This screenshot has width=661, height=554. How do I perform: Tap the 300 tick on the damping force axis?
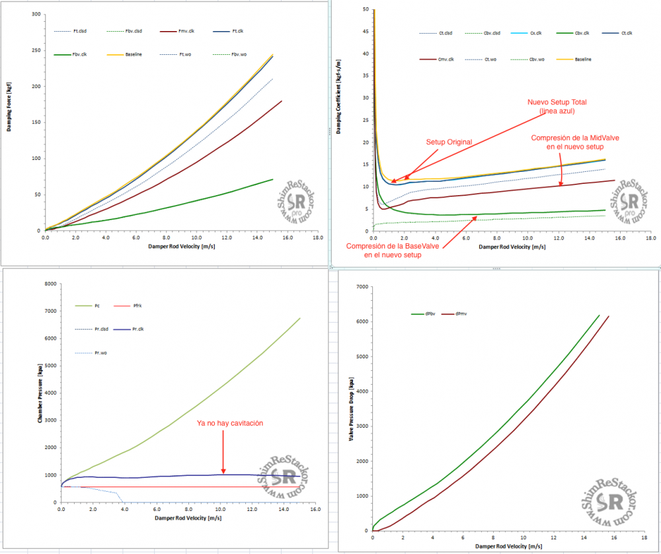36,14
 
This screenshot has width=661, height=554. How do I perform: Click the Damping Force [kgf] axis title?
10,105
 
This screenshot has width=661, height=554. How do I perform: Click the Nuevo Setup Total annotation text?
557,106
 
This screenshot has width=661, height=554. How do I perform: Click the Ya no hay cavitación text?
230,424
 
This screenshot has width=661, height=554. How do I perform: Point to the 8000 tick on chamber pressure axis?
48,284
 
